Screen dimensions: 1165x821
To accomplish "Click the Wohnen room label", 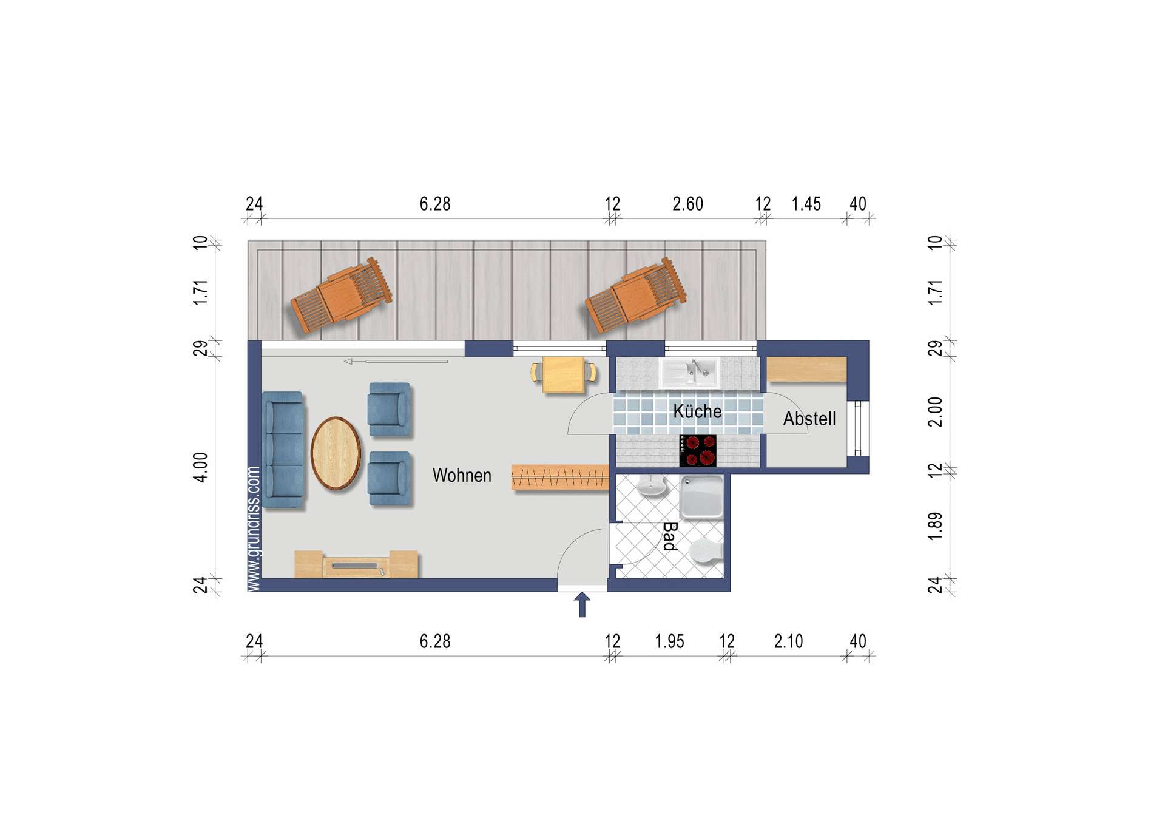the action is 462,475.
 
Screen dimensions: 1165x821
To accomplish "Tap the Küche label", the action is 697,411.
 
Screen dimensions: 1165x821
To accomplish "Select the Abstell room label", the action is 809,418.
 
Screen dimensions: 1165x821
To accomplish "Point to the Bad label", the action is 670,536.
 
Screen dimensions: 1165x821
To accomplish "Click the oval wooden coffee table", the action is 336,453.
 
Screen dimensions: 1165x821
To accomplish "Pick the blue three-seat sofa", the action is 283,449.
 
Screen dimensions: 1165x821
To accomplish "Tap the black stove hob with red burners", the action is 698,451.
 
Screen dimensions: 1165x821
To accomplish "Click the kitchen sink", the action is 691,372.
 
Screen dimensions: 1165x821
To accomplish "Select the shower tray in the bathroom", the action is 702,496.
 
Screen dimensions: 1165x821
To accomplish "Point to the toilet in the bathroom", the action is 706,551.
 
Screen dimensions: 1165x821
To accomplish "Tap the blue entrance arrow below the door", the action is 582,605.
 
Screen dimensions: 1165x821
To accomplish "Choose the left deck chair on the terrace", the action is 341,296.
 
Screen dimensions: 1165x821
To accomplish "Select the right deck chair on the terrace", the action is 635,296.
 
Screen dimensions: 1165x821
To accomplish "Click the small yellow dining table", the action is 564,374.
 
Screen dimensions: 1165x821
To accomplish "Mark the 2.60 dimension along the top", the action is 687,204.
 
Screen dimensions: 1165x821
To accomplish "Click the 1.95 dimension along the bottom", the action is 669,641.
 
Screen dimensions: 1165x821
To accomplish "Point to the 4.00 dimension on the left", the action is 200,467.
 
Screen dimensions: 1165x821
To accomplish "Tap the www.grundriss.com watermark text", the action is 254,529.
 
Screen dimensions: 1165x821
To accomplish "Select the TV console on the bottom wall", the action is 356,564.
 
